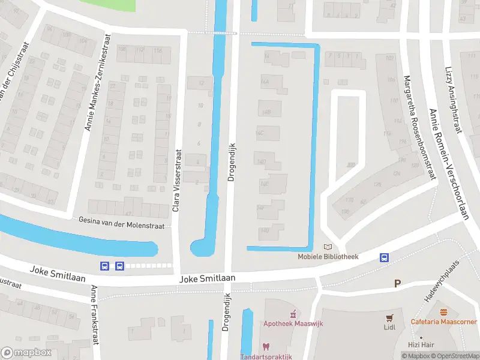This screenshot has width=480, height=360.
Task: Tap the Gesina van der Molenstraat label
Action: pos(124,220)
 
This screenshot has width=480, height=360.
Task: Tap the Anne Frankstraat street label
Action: pos(94,315)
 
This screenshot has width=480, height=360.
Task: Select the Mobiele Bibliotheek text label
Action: pos(328,257)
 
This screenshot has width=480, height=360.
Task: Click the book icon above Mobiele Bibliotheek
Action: pos(328,247)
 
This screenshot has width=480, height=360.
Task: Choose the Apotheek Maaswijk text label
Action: pos(293,323)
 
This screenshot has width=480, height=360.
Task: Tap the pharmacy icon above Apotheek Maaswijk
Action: pos(293,314)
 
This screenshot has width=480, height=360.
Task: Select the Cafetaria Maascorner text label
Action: pos(445,322)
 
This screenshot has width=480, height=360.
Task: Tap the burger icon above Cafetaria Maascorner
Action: pos(445,312)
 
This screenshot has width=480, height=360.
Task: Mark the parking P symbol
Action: pos(397,283)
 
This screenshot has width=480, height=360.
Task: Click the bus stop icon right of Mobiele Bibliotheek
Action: pos(383,258)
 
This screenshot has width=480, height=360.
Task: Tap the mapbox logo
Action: pos(26,353)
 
